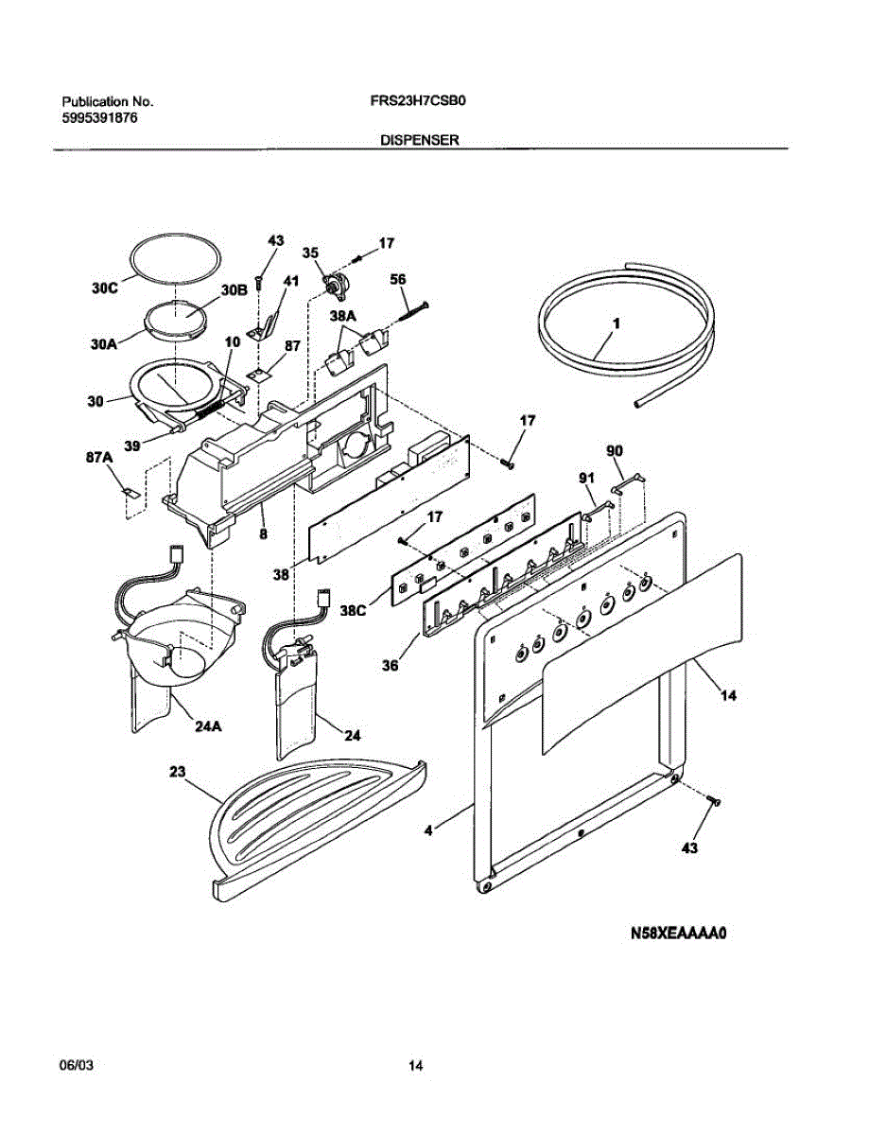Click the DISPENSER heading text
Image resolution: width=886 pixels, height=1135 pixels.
[x=419, y=139]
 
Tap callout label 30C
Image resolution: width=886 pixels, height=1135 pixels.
[x=104, y=290]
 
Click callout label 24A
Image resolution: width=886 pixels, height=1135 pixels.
[x=209, y=727]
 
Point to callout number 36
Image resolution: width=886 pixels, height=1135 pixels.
[x=391, y=665]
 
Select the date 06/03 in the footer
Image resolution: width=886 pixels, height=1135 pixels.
[x=77, y=1066]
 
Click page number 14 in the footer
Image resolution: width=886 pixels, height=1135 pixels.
[x=416, y=1066]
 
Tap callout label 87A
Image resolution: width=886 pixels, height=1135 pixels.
[x=99, y=458]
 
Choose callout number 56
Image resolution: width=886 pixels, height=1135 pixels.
[x=398, y=280]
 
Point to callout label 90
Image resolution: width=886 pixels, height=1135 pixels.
[x=615, y=451]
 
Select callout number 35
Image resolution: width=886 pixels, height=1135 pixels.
[x=310, y=253]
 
